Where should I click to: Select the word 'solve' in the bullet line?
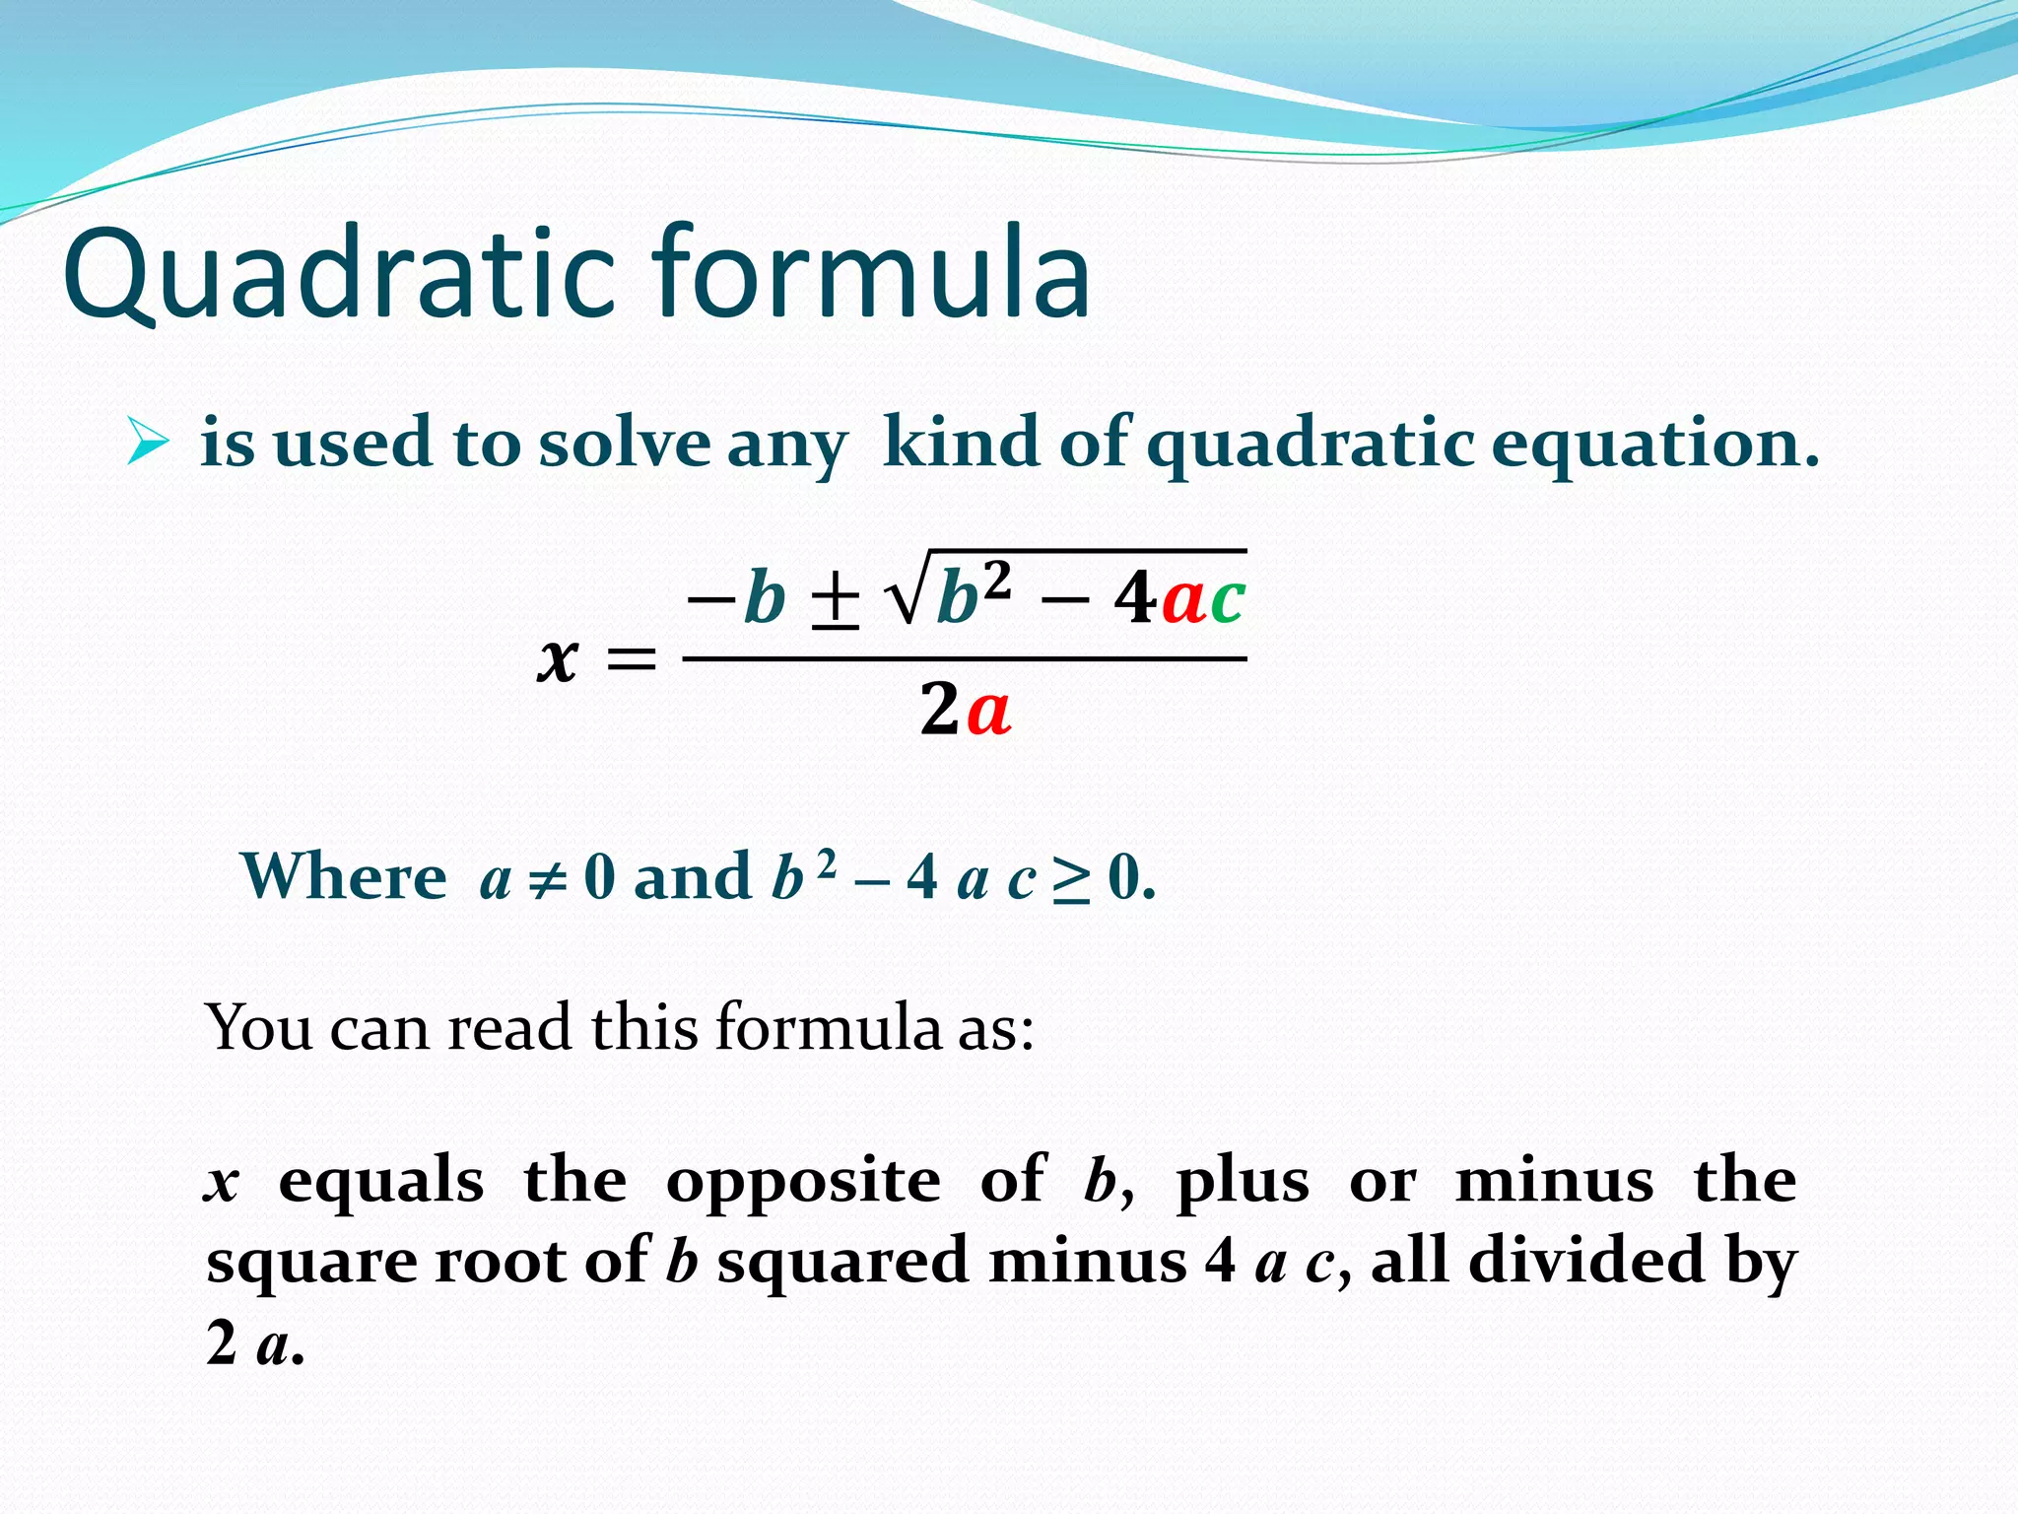click(x=623, y=444)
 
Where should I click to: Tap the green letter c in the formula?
click(x=1227, y=599)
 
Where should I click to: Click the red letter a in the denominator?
click(x=988, y=711)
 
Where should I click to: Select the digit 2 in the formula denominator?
click(x=939, y=710)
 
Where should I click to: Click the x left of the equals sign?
click(x=557, y=658)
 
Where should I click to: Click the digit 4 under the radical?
click(x=1135, y=598)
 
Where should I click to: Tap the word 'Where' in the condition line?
click(x=344, y=876)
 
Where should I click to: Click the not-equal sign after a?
click(x=548, y=877)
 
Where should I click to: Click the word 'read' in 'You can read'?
click(x=508, y=1028)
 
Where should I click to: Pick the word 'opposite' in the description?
click(x=803, y=1181)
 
